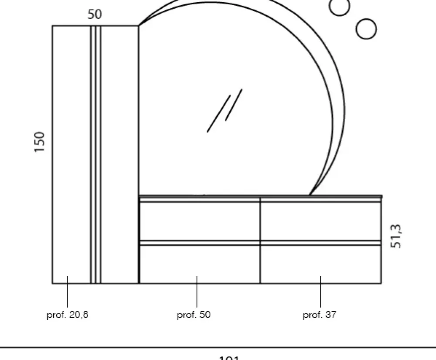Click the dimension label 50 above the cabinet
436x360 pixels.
pyautogui.click(x=95, y=14)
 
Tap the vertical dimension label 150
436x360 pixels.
pyautogui.click(x=40, y=142)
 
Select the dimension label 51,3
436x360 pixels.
pyautogui.click(x=396, y=236)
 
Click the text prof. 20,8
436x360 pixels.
pyautogui.click(x=68, y=315)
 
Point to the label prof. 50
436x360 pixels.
pyautogui.click(x=194, y=315)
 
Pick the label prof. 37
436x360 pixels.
pyautogui.click(x=320, y=315)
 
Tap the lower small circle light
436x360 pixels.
pyautogui.click(x=366, y=29)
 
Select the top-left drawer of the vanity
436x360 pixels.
pyautogui.click(x=199, y=221)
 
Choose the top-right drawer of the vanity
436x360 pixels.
pyautogui.click(x=321, y=221)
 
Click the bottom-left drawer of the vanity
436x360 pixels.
pyautogui.click(x=199, y=264)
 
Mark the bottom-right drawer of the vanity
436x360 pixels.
pyautogui.click(x=321, y=264)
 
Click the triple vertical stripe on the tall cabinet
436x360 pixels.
pyautogui.click(x=96, y=153)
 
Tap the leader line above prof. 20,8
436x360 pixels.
pyautogui.click(x=68, y=291)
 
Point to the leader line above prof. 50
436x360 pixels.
pyautogui.click(x=197, y=291)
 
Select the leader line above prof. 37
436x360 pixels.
pyautogui.click(x=321, y=291)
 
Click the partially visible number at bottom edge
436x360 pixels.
pyautogui.click(x=228, y=357)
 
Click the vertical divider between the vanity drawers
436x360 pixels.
pyautogui.click(x=260, y=240)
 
